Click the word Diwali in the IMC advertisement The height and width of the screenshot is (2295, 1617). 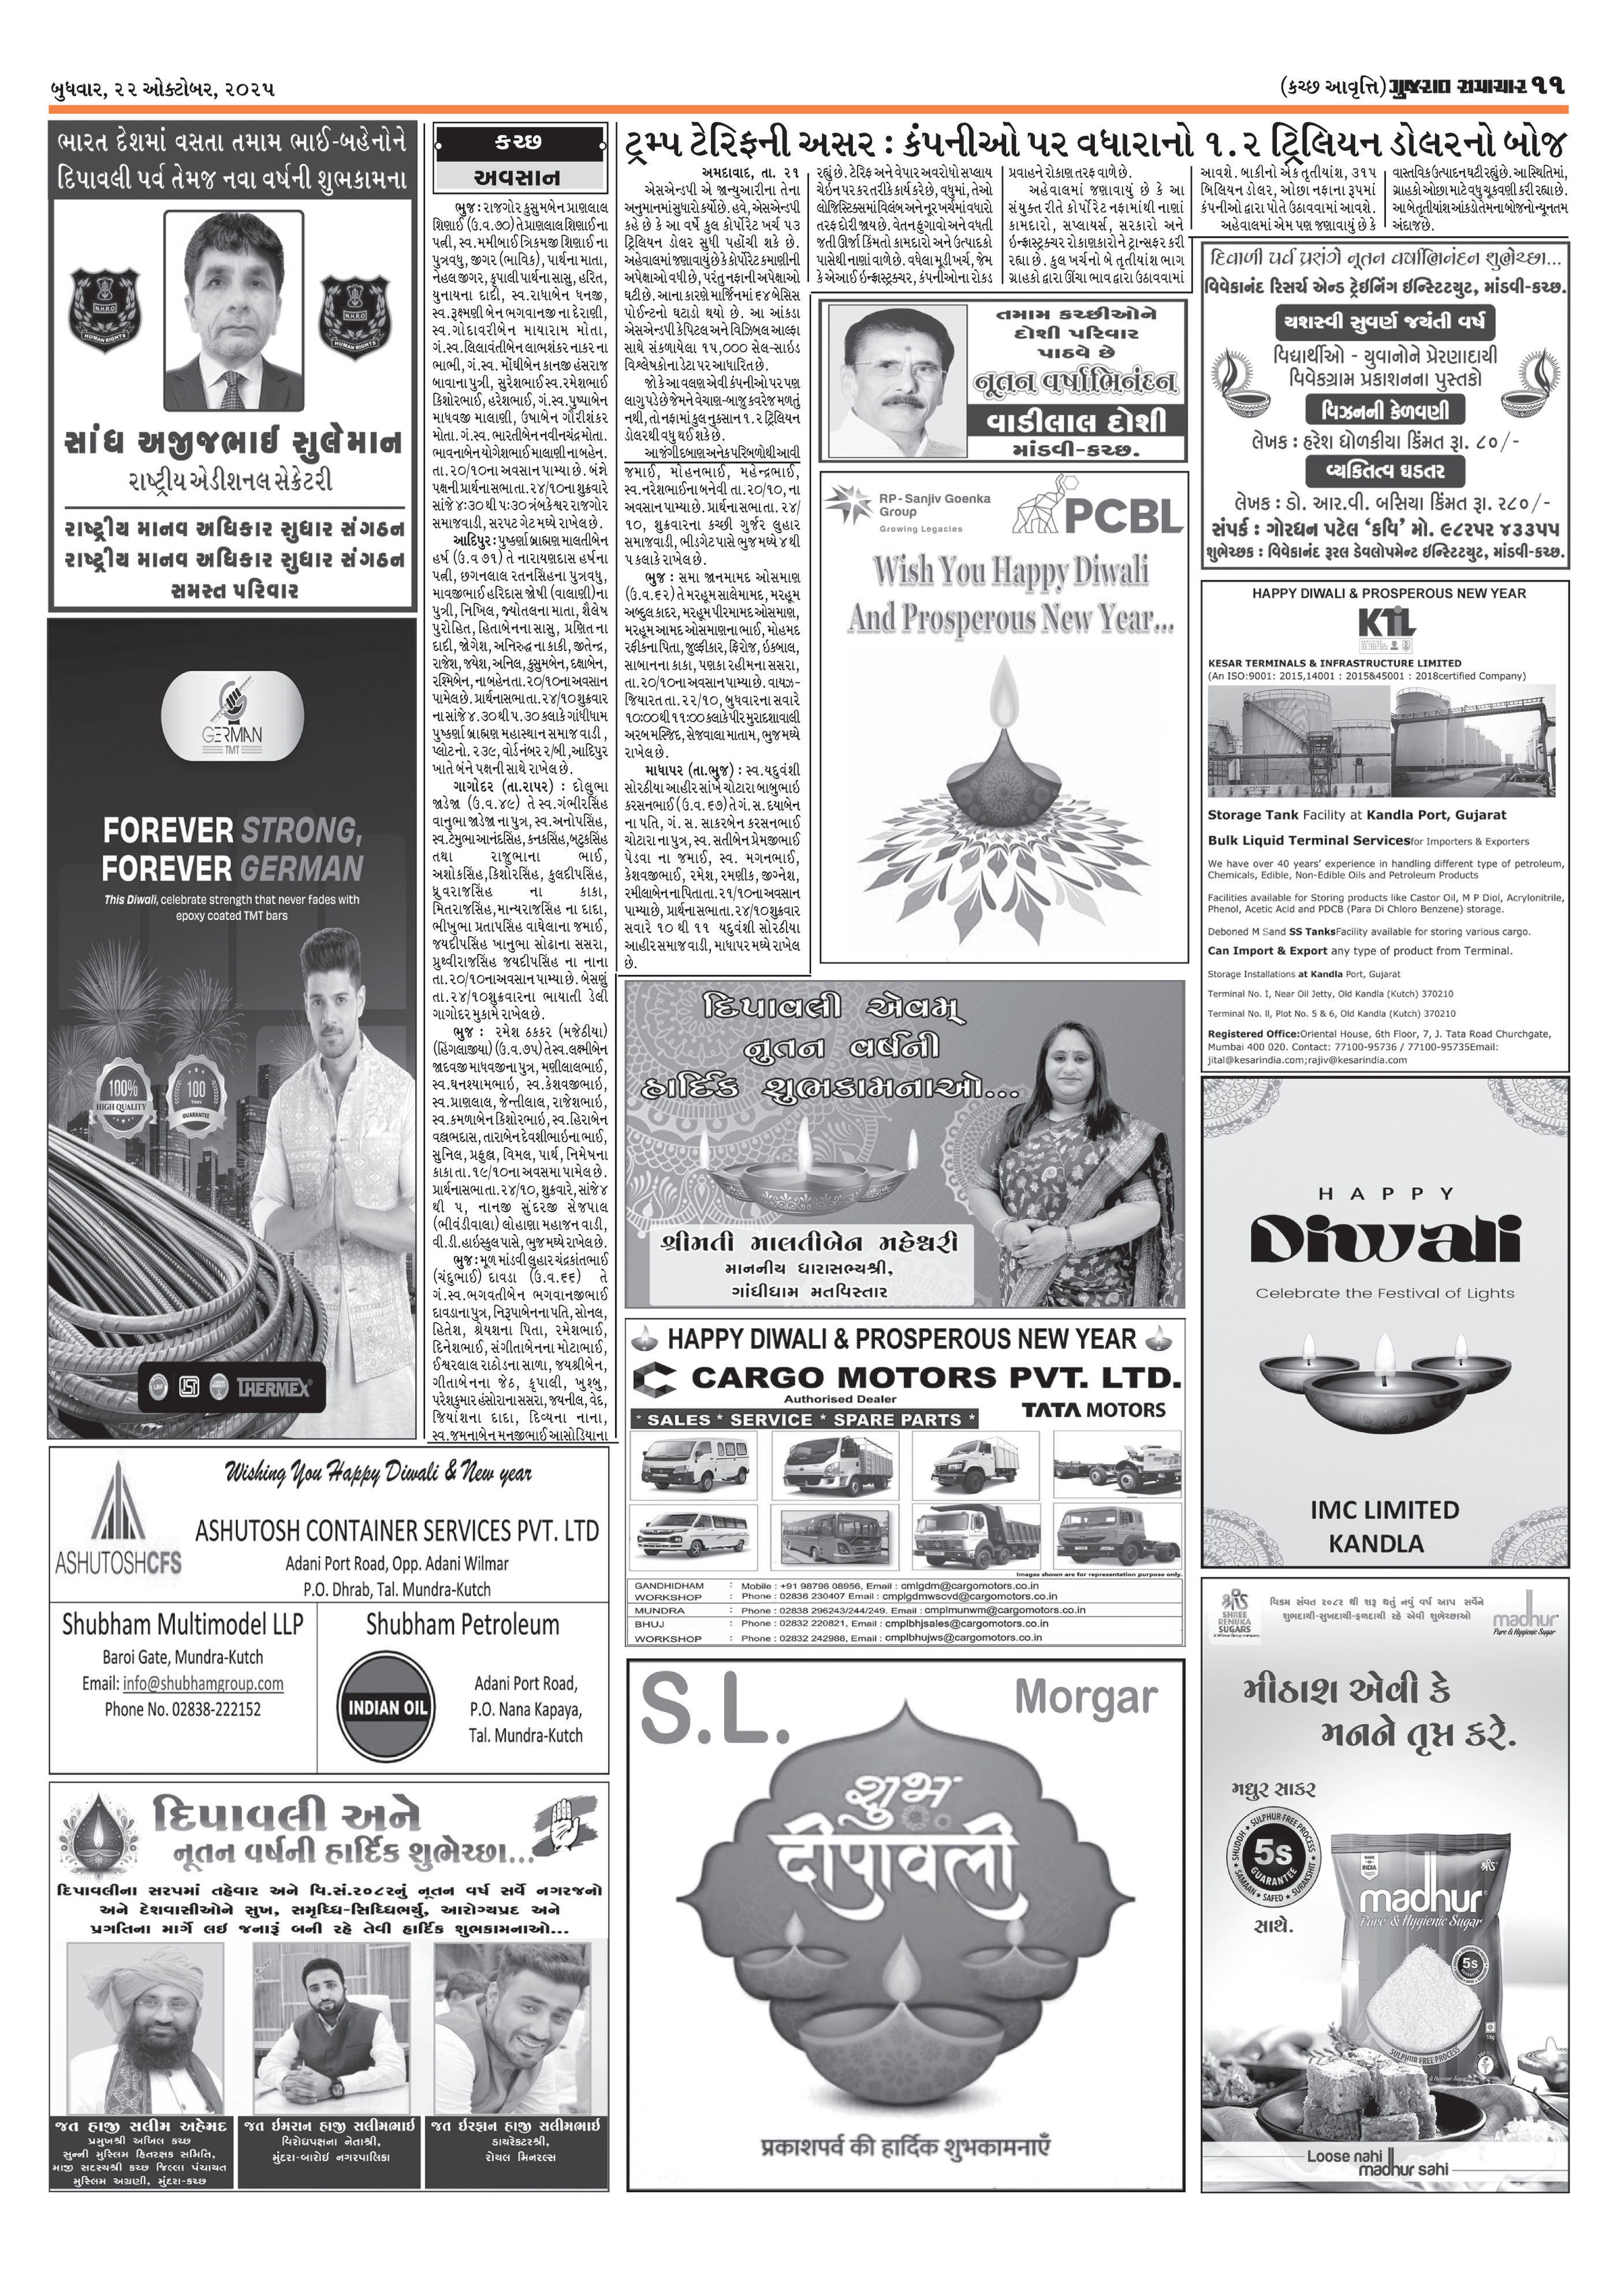pos(1385,1240)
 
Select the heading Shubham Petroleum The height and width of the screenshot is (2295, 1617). pos(462,1625)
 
